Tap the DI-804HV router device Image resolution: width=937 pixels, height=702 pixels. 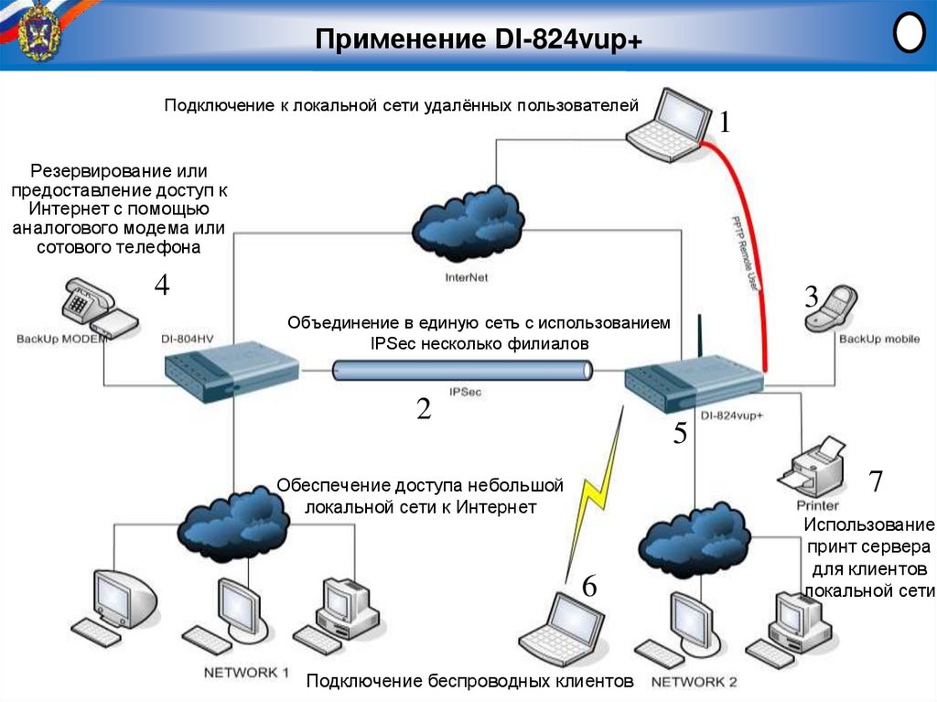point(232,371)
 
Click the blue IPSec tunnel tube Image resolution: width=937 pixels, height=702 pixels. point(462,371)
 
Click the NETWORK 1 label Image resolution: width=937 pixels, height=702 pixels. point(246,673)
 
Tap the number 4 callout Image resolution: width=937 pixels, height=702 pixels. point(161,286)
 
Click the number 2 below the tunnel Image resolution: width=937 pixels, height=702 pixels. point(424,409)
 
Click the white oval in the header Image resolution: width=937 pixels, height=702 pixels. point(908,34)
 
